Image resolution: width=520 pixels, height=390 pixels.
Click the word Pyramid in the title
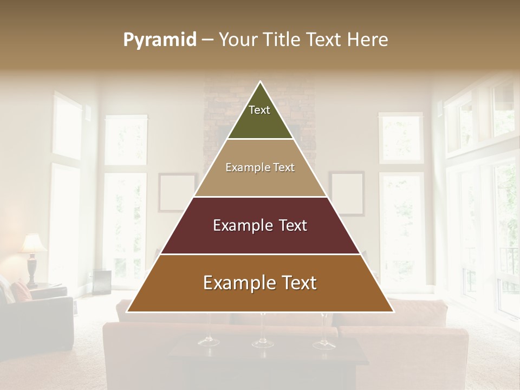coord(160,40)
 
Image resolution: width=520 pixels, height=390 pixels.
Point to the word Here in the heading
coord(367,40)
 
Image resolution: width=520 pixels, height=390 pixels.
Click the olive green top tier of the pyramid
coord(260,116)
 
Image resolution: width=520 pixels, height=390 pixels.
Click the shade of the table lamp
coord(33,244)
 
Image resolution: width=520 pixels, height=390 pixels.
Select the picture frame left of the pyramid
coord(177,192)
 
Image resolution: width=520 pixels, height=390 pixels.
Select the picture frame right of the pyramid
coord(347,193)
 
